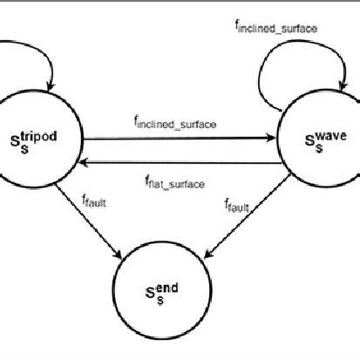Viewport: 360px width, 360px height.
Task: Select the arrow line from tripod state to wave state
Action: [x=174, y=137]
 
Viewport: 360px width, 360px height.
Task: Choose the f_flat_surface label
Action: [x=175, y=183]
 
